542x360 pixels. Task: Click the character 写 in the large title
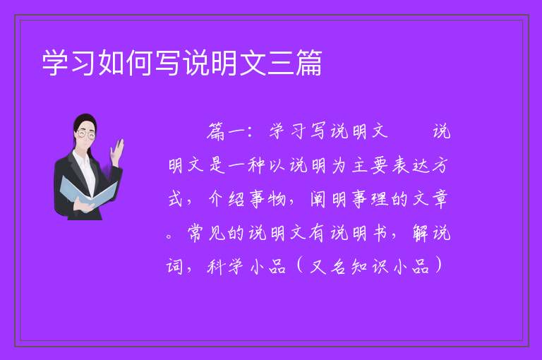click(169, 63)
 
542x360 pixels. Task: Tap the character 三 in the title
click(281, 63)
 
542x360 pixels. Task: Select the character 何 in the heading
click(140, 63)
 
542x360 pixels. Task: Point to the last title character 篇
click(308, 63)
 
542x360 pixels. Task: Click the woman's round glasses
click(86, 134)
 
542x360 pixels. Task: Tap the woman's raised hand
click(117, 151)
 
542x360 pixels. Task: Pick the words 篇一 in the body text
click(227, 132)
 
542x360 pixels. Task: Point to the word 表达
click(411, 166)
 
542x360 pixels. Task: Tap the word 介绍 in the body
click(227, 200)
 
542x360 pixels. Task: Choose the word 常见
click(207, 234)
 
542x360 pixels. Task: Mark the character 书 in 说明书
click(380, 234)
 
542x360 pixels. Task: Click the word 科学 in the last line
click(226, 268)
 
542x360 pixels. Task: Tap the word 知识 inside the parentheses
click(370, 268)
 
